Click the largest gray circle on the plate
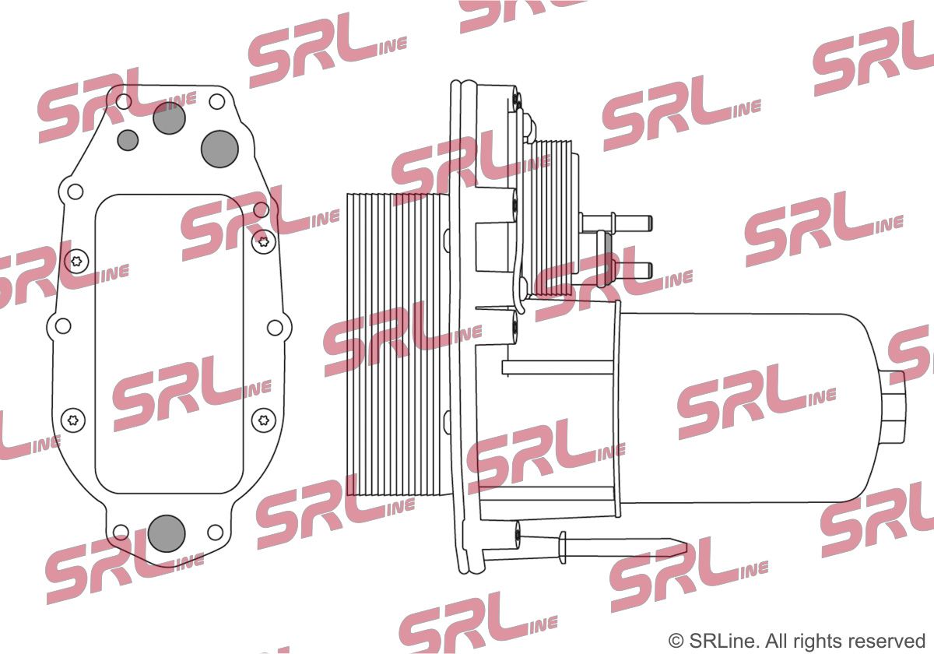coord(219,149)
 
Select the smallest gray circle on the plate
coord(128,140)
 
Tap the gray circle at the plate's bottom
coord(167,533)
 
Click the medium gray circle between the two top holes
coord(169,118)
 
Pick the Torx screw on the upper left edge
coord(77,262)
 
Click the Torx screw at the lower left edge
coord(73,420)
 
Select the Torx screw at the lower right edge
coord(264,420)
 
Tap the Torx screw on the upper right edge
coord(264,241)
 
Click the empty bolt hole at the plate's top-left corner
coord(124,101)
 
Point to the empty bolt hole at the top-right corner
coord(217,101)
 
